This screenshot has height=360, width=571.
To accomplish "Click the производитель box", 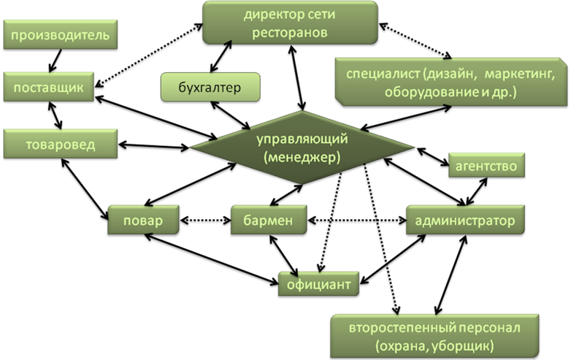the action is tap(61, 34).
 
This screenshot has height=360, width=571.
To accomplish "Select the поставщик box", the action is tap(49, 87).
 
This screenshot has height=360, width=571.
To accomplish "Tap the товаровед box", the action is tap(61, 144).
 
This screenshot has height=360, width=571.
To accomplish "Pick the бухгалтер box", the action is tap(210, 87).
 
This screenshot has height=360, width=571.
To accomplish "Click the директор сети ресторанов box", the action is tap(290, 23).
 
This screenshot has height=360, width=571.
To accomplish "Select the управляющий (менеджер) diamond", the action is tap(302, 148).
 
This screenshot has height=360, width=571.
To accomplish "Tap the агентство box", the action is tap(486, 165).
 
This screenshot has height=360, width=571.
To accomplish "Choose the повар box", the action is tap(143, 220).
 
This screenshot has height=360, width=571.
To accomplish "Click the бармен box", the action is tap(269, 220).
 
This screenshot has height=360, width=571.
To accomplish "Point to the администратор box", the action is tap(465, 220).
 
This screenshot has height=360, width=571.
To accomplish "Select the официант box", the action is tap(318, 284).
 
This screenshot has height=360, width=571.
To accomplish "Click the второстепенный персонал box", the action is tap(434, 337).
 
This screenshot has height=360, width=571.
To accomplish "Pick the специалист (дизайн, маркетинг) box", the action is tap(451, 82).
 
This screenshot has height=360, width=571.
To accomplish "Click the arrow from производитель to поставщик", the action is tap(55, 61).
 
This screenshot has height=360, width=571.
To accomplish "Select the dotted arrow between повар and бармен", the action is tap(205, 221).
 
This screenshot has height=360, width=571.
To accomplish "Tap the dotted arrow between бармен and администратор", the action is tap(357, 221).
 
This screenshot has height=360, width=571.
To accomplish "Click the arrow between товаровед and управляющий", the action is tap(153, 146).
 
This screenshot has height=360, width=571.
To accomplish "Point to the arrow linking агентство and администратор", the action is tap(476, 191).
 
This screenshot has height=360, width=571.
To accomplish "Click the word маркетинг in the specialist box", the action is tap(520, 74).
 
